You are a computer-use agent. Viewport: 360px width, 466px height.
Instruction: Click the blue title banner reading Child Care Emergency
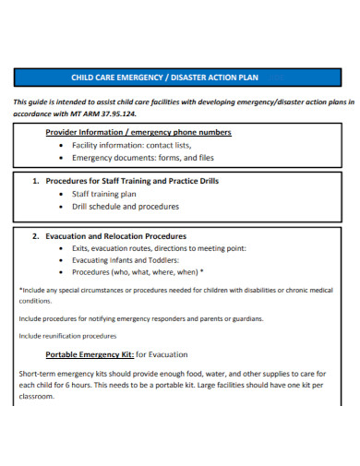point(179,78)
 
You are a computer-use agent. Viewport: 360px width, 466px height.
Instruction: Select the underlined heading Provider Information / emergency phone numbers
point(138,132)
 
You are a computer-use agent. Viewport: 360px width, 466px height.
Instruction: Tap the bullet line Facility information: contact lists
point(132,145)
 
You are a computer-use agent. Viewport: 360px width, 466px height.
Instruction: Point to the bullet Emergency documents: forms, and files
point(143,157)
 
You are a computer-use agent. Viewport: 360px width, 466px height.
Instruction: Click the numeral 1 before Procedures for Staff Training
point(35,182)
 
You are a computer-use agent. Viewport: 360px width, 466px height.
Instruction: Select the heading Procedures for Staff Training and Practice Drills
point(133,182)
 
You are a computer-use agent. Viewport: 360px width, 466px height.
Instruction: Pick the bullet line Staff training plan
point(103,195)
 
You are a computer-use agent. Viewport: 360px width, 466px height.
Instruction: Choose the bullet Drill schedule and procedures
point(126,207)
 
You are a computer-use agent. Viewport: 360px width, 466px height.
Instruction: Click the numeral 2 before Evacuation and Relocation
point(35,236)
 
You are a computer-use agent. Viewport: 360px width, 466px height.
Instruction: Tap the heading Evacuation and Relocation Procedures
point(116,236)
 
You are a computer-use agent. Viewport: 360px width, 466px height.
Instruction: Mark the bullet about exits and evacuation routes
point(158,249)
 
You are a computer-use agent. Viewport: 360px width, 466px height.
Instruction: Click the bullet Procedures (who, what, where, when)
point(138,273)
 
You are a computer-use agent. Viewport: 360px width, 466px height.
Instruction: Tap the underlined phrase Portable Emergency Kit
point(90,354)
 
